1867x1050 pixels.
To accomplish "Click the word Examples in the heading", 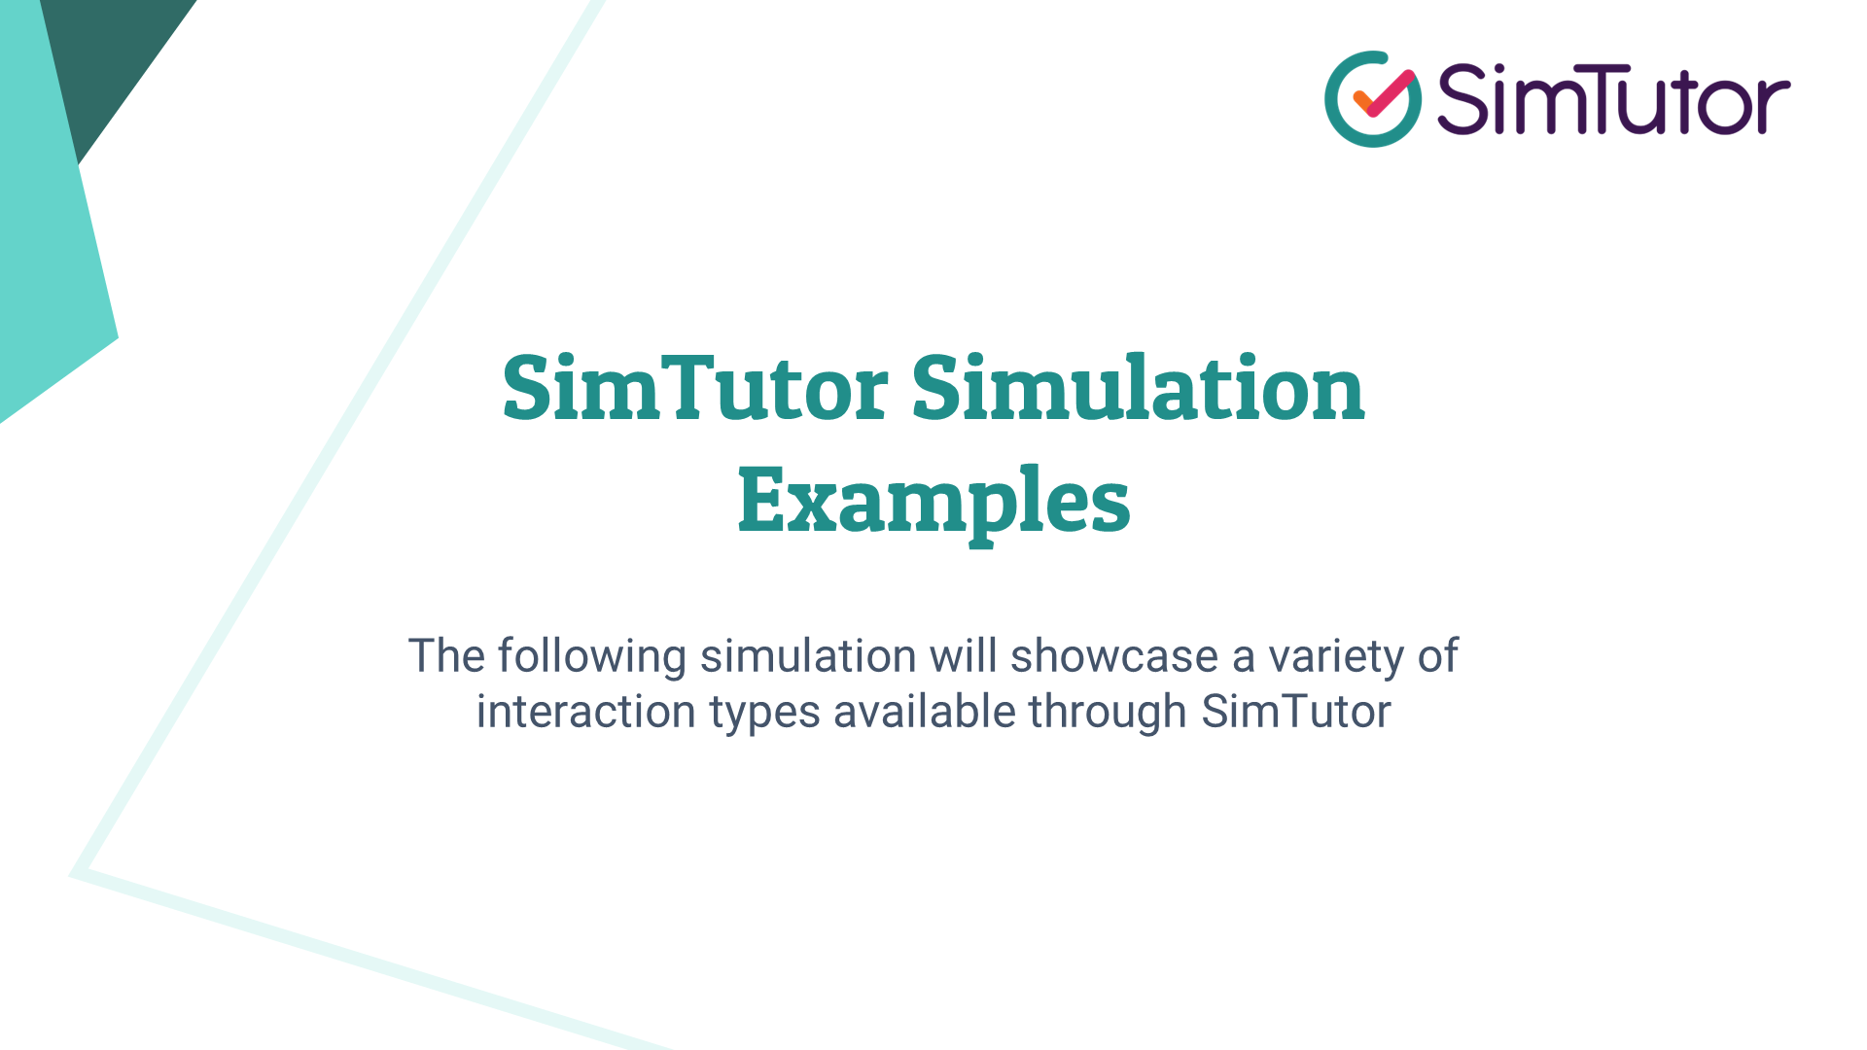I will (933, 500).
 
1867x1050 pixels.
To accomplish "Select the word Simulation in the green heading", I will (1138, 389).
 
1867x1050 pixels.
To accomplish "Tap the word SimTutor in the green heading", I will (694, 389).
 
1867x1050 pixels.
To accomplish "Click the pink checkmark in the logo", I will (1385, 93).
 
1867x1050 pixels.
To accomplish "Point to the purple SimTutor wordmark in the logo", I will (1613, 99).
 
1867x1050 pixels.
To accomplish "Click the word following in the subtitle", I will (591, 656).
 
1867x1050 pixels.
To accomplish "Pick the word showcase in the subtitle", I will (1114, 656).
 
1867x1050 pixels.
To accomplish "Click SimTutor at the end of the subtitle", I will (1295, 712).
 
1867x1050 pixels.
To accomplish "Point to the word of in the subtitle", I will (1437, 656).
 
